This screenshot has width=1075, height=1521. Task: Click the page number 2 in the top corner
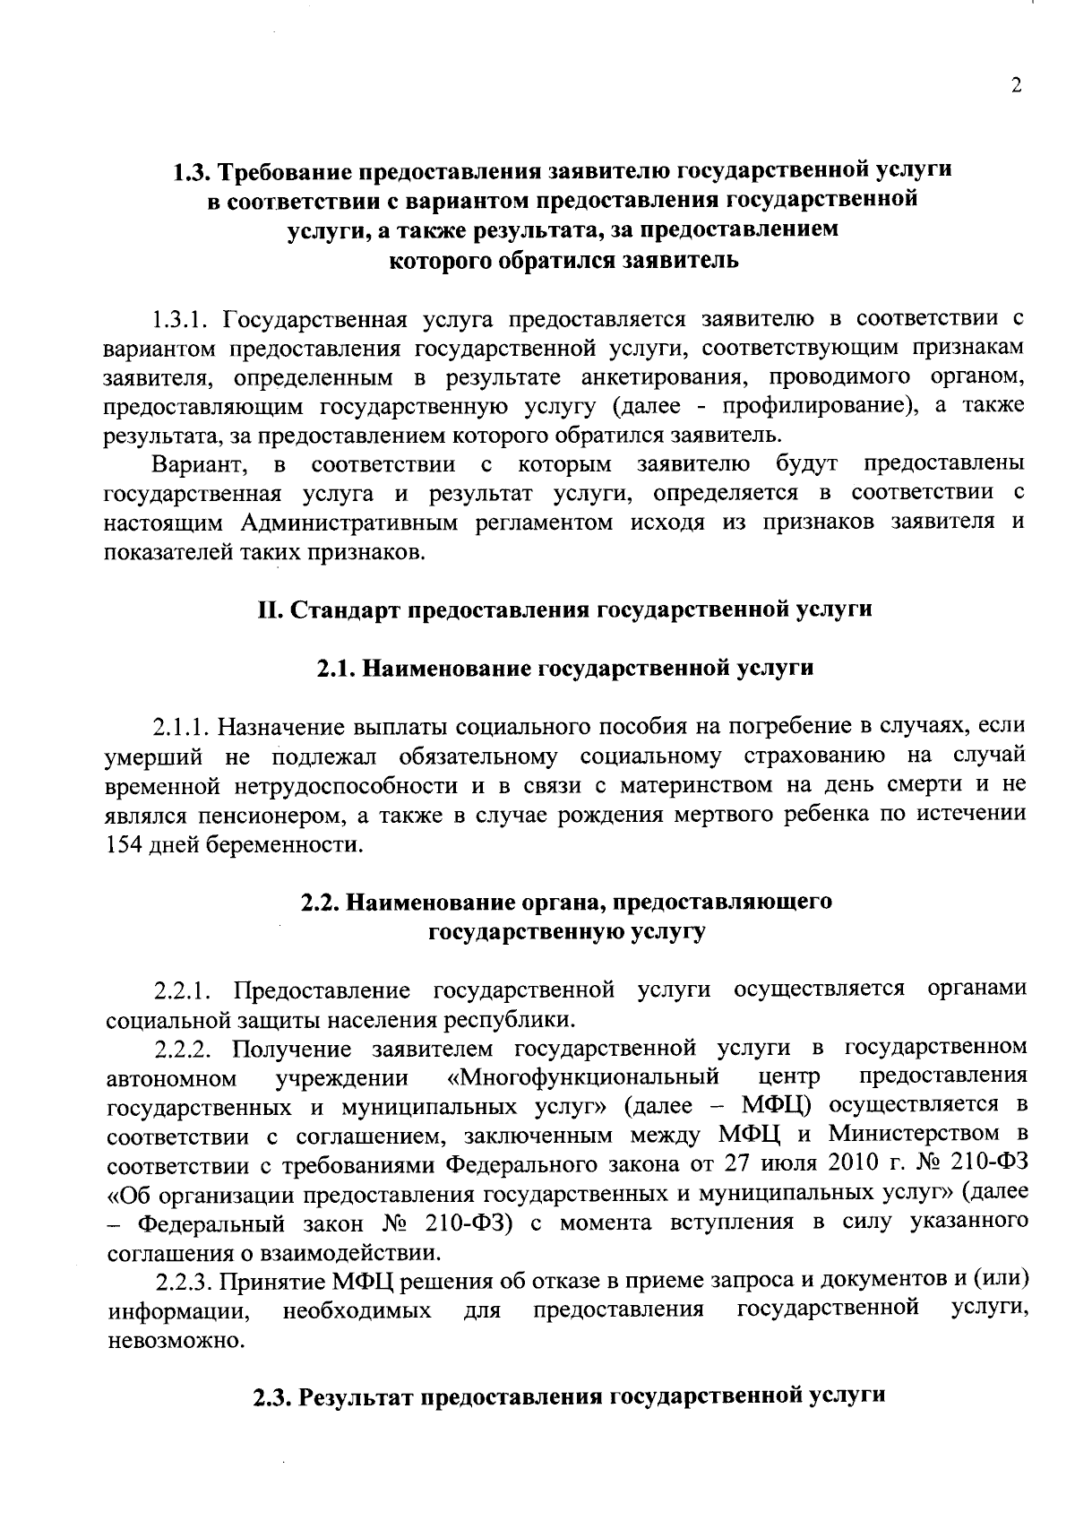pyautogui.click(x=1015, y=86)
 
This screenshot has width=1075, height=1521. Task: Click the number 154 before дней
pyautogui.click(x=124, y=845)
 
